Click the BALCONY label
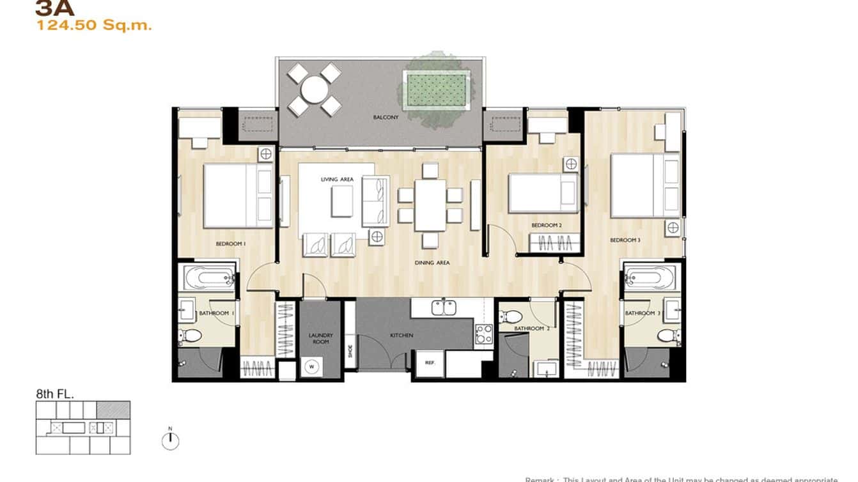pos(386,118)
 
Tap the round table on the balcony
pos(314,89)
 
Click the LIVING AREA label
pos(337,180)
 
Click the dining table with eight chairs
pos(430,205)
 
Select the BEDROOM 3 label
pos(625,240)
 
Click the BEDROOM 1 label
pos(231,244)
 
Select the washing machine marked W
pos(312,367)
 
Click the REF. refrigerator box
pos(430,363)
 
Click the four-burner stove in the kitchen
pos(483,334)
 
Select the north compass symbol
pos(170,440)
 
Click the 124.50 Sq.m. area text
pos(94,26)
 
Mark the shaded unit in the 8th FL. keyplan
pos(113,410)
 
